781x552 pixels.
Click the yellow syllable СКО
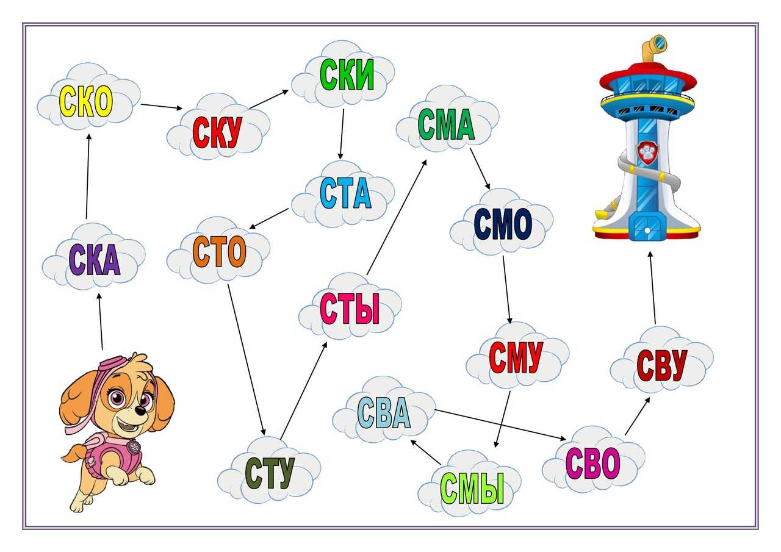pos(86,102)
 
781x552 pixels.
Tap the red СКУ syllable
pos(217,132)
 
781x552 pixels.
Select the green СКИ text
pos(347,76)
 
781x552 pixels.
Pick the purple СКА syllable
pos(94,260)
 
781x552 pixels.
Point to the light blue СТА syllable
pos(345,194)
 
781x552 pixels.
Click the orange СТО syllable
pos(219,251)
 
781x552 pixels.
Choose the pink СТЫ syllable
pos(350,309)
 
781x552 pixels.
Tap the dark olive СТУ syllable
pos(270,473)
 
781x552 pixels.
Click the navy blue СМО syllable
pos(503,224)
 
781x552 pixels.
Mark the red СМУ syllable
pos(516,357)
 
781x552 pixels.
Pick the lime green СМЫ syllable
pos(472,488)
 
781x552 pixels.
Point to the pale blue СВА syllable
pos(384,413)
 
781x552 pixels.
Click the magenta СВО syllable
pos(592,463)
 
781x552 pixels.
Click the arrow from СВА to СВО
pos(500,425)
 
